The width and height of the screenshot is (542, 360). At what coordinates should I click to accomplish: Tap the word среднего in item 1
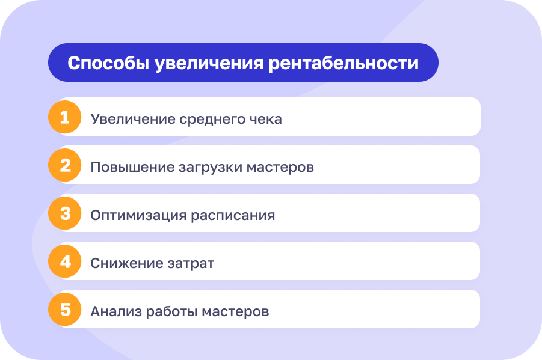coord(212,119)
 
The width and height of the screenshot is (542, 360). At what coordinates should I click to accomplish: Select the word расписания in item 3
coord(233,215)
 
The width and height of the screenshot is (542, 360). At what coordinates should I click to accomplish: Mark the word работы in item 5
coord(169,311)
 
